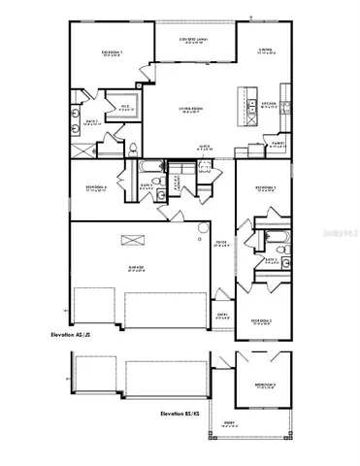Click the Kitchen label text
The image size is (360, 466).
tap(270, 103)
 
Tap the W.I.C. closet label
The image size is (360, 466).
tap(125, 108)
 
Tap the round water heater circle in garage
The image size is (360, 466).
tap(201, 229)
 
